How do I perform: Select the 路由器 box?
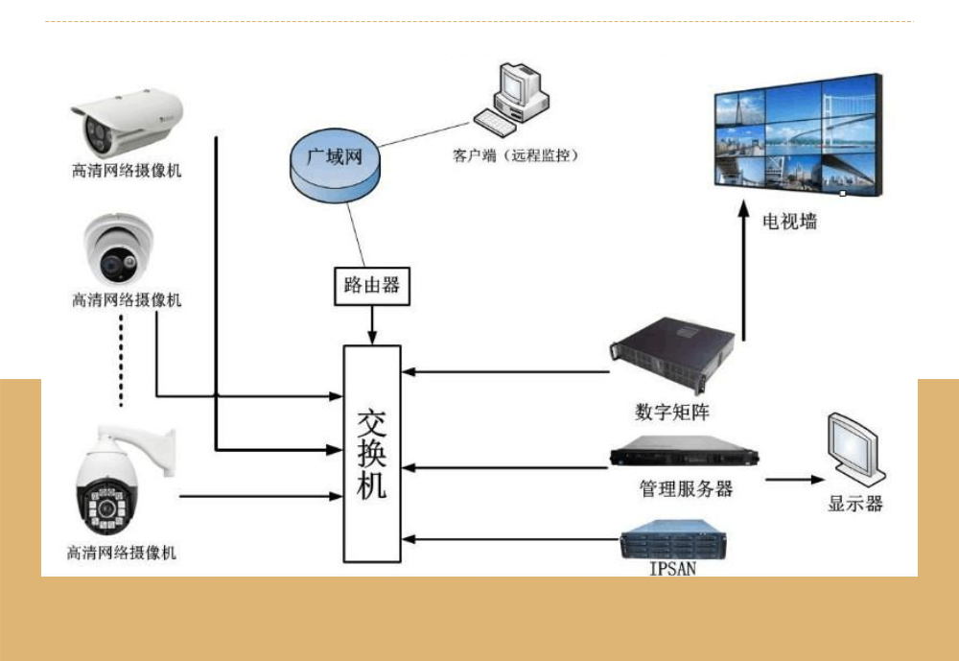[x=371, y=286]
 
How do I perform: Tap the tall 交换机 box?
[x=371, y=454]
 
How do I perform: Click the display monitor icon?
[x=854, y=450]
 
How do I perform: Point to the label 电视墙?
[x=790, y=222]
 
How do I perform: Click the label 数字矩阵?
[x=672, y=413]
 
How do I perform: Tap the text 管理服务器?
[x=686, y=488]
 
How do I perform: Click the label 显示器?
[x=855, y=504]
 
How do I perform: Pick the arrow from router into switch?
[x=371, y=325]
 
